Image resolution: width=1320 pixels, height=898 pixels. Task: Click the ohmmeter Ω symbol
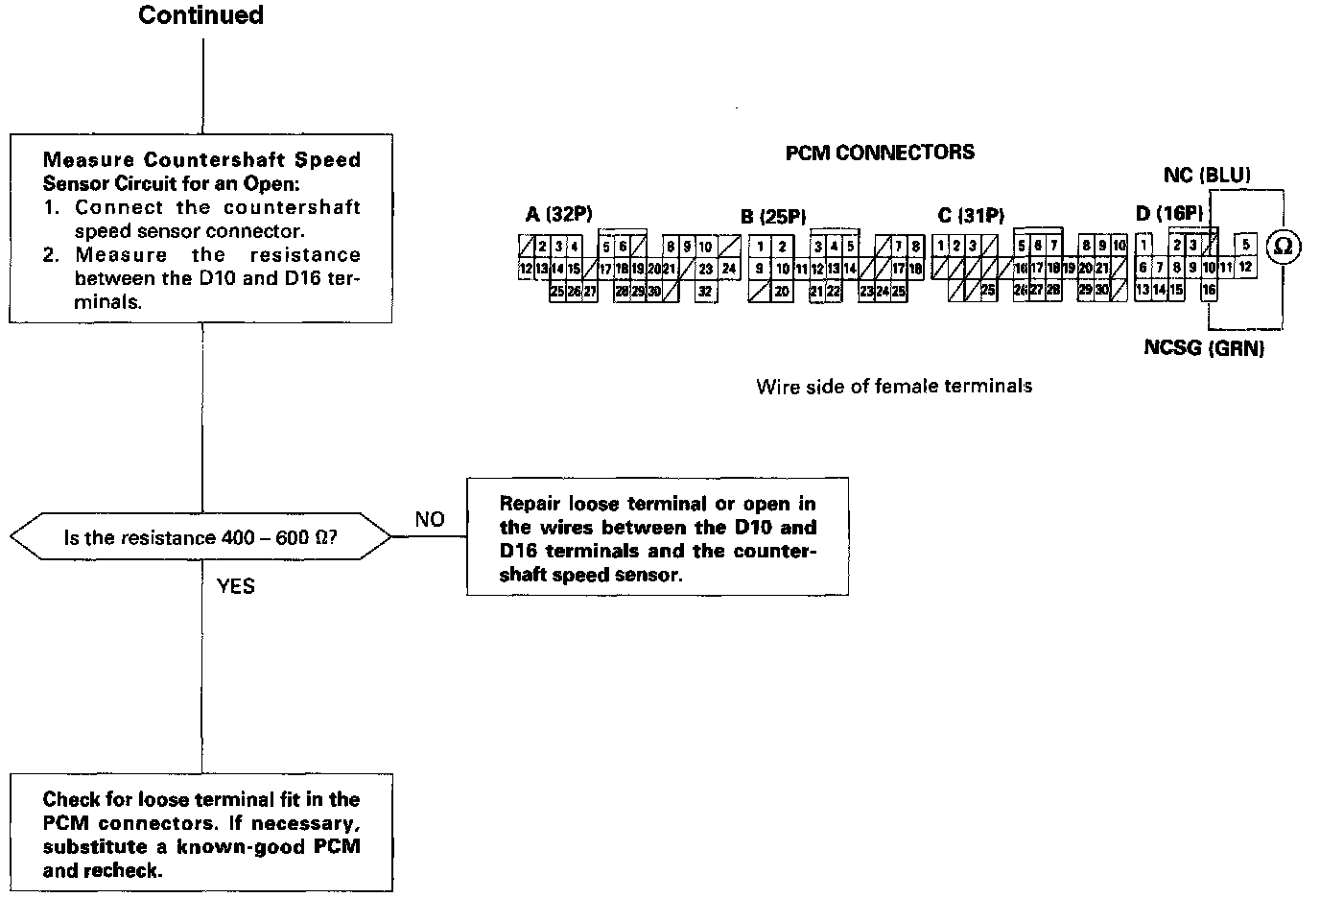click(1284, 247)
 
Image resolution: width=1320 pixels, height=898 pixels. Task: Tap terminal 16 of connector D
click(1209, 289)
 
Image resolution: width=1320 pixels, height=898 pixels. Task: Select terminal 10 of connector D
click(1209, 268)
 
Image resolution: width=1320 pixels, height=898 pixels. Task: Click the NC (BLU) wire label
click(1207, 176)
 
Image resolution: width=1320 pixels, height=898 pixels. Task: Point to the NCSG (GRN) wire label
click(1204, 347)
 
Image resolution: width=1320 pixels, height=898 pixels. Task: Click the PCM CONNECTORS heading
click(880, 153)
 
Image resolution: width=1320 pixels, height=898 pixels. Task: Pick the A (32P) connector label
click(559, 215)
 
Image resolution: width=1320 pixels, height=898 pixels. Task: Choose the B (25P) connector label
click(773, 216)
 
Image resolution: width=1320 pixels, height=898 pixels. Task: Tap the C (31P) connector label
click(971, 216)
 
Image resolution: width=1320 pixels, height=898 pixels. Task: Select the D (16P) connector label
click(1168, 214)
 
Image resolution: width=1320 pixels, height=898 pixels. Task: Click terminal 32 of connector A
click(705, 291)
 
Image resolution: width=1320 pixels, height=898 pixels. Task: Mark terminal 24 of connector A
click(728, 269)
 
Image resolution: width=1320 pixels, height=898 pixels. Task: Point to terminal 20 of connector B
click(782, 291)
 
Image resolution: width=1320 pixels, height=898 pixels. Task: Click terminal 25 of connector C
click(987, 289)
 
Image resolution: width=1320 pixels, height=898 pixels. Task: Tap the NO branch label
click(430, 519)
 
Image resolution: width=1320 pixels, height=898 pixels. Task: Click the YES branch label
click(236, 585)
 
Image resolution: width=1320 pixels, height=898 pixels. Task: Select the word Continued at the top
click(200, 15)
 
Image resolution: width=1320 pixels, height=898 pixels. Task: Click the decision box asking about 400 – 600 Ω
click(200, 537)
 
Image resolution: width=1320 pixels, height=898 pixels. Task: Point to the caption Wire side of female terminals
click(894, 386)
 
